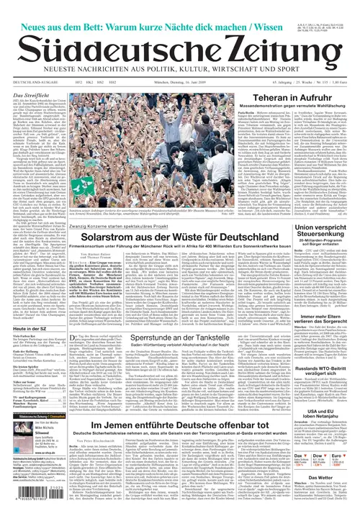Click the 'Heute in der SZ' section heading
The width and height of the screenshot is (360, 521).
click(30, 328)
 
